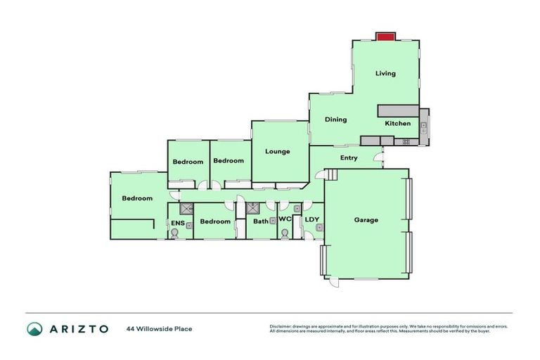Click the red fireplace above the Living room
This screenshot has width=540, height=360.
pos(385,37)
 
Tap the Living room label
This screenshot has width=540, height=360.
pos(385,73)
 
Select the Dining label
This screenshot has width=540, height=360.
pos(335,120)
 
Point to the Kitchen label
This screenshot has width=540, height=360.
pos(397,124)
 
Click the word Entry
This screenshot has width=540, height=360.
pos(349,158)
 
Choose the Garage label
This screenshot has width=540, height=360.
pos(366,220)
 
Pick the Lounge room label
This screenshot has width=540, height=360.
pos(277,151)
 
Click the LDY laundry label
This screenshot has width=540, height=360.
pos(312,220)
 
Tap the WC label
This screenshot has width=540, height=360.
pos(285,220)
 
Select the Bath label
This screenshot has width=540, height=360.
pos(261,221)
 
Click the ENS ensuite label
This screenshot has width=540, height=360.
pos(178,224)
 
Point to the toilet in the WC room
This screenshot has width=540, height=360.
pos(284,235)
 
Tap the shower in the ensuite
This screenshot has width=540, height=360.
pos(186,209)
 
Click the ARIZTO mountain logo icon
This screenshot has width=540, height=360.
pos(34,328)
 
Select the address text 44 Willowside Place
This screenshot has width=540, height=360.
pos(159,328)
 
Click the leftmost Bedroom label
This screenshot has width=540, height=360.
pos(137,198)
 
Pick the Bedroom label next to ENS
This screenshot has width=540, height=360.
pos(215,221)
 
